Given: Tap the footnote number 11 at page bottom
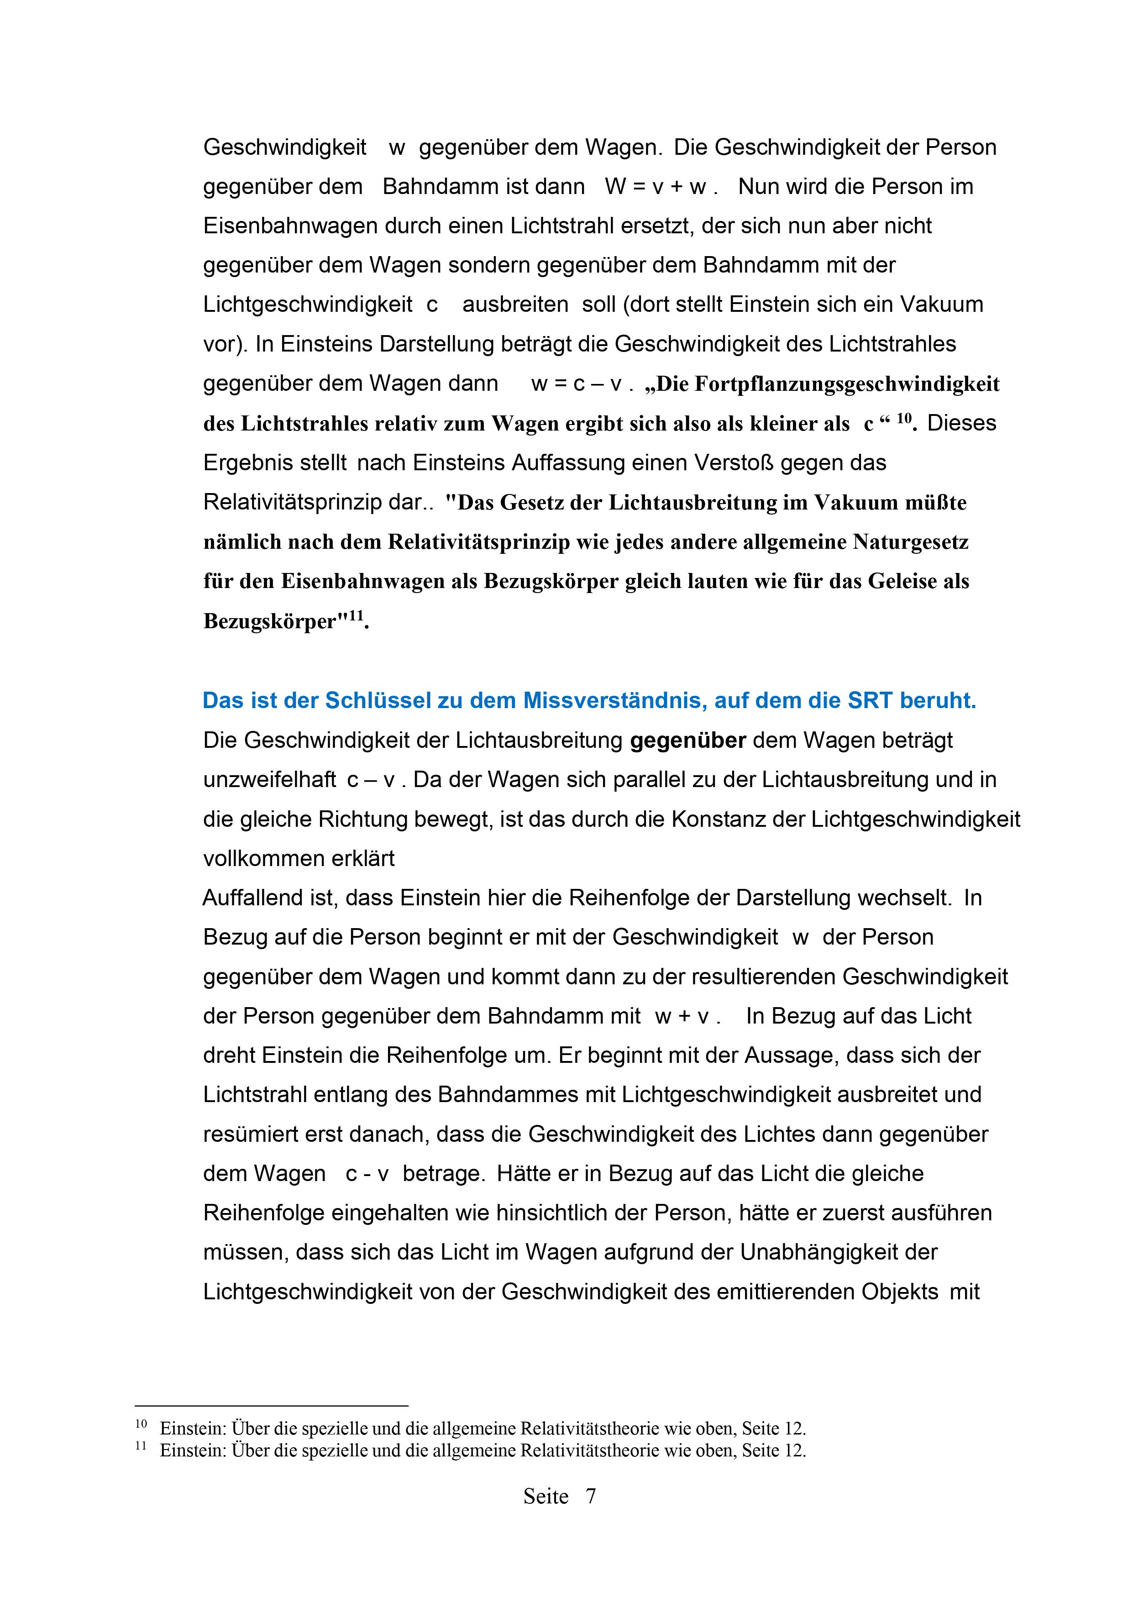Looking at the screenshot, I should point(141,1446).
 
